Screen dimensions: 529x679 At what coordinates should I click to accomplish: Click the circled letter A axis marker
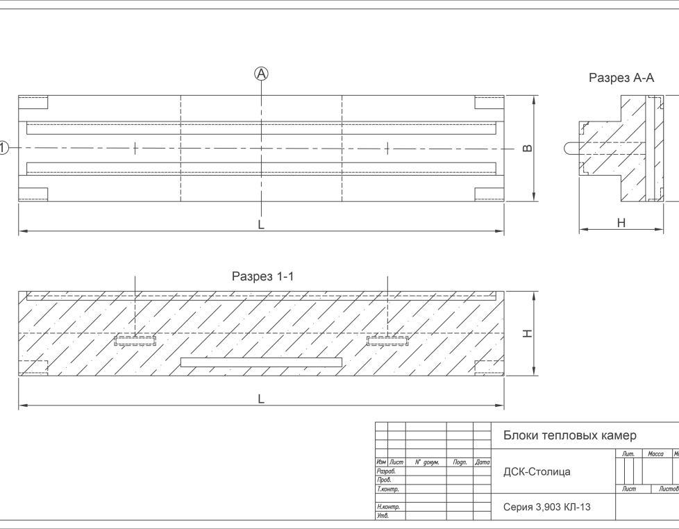[262, 73]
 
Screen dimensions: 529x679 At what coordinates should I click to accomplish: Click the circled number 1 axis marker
[3, 147]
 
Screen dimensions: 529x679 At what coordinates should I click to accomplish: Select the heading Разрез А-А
[621, 78]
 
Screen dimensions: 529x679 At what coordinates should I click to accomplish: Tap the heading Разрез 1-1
[263, 276]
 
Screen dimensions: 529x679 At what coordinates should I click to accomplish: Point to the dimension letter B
[526, 148]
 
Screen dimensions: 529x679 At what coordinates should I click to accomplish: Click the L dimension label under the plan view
[261, 224]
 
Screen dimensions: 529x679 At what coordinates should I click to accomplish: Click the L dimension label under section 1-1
[261, 398]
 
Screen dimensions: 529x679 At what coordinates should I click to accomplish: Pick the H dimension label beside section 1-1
[527, 334]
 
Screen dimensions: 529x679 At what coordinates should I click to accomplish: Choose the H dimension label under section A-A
[621, 223]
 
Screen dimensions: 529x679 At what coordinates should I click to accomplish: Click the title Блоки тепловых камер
[569, 435]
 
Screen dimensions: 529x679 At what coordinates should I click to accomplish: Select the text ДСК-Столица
[537, 472]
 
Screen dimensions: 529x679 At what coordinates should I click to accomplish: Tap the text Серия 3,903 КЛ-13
[547, 507]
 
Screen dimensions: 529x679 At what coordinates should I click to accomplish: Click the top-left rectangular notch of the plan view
[33, 103]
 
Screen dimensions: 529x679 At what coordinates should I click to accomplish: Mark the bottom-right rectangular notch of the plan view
[489, 193]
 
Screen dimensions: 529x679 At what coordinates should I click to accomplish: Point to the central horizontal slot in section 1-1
[261, 362]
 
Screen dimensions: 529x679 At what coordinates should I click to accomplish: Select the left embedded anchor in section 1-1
[135, 339]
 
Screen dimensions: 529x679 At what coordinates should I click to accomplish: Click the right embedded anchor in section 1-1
[387, 339]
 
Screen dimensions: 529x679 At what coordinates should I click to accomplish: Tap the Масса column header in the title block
[655, 454]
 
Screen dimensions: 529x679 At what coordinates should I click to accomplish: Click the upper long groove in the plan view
[261, 128]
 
